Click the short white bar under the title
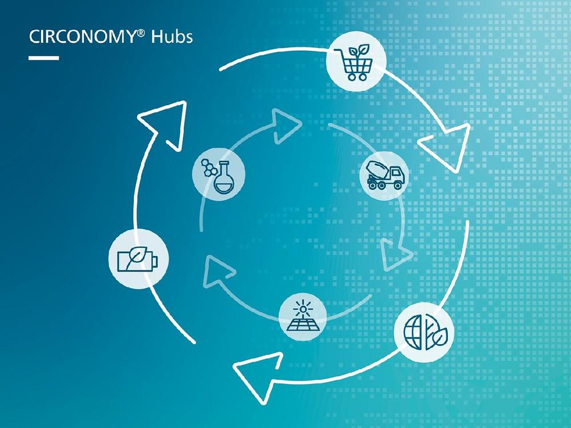[x=43, y=58]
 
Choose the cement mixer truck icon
[x=384, y=175]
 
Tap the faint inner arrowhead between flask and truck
[x=284, y=125]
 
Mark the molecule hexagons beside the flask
[x=208, y=167]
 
